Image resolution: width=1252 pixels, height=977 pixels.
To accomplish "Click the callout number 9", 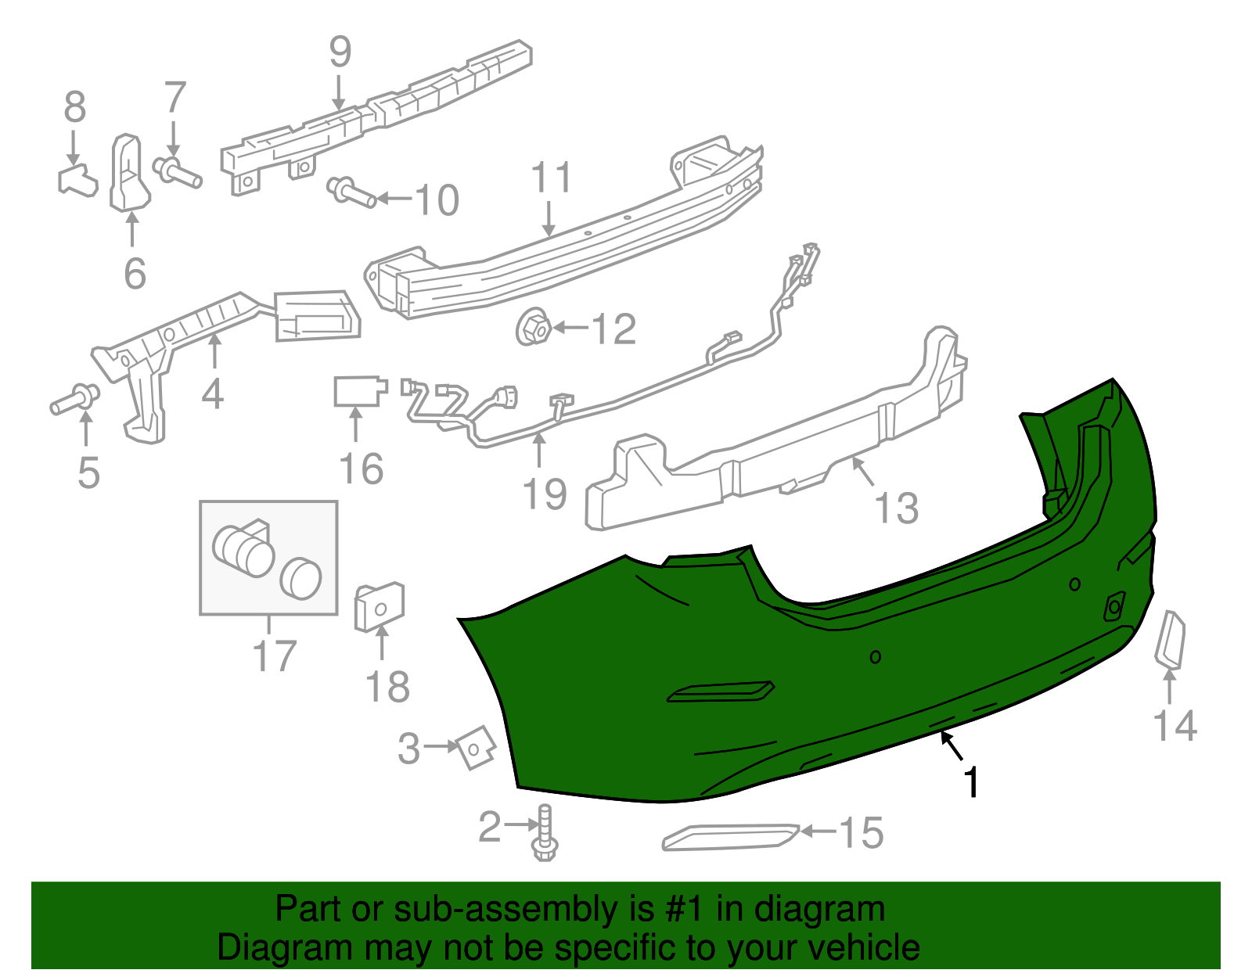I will coord(340,52).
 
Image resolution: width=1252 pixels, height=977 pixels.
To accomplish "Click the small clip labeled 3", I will coord(476,747).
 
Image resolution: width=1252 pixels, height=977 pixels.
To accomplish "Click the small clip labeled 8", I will coord(77,180).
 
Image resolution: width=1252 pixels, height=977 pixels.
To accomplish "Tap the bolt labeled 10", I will coord(351,192).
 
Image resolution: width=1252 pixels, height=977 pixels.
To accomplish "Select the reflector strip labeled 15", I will coord(730,836).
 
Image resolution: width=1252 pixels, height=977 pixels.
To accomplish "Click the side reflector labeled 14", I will coord(1171,641).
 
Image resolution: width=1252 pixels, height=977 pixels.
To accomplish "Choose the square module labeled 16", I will coord(358,391).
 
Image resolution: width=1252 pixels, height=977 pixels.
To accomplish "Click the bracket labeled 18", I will coord(380,607).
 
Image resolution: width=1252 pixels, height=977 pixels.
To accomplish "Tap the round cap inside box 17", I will coord(300,579).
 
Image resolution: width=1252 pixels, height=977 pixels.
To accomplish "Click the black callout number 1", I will coord(971,782).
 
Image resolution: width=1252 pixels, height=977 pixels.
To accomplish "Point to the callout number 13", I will coord(896,508).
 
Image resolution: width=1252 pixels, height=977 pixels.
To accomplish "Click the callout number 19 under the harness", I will coord(545,494).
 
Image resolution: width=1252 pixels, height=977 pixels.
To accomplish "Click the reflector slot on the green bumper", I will coord(720,692).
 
